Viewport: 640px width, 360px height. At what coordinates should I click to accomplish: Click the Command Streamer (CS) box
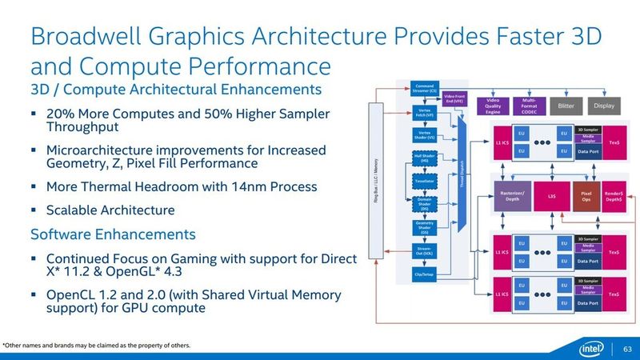tap(424, 88)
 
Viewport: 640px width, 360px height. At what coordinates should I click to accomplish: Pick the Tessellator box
tap(424, 182)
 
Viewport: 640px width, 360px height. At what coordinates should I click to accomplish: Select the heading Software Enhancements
tap(112, 235)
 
